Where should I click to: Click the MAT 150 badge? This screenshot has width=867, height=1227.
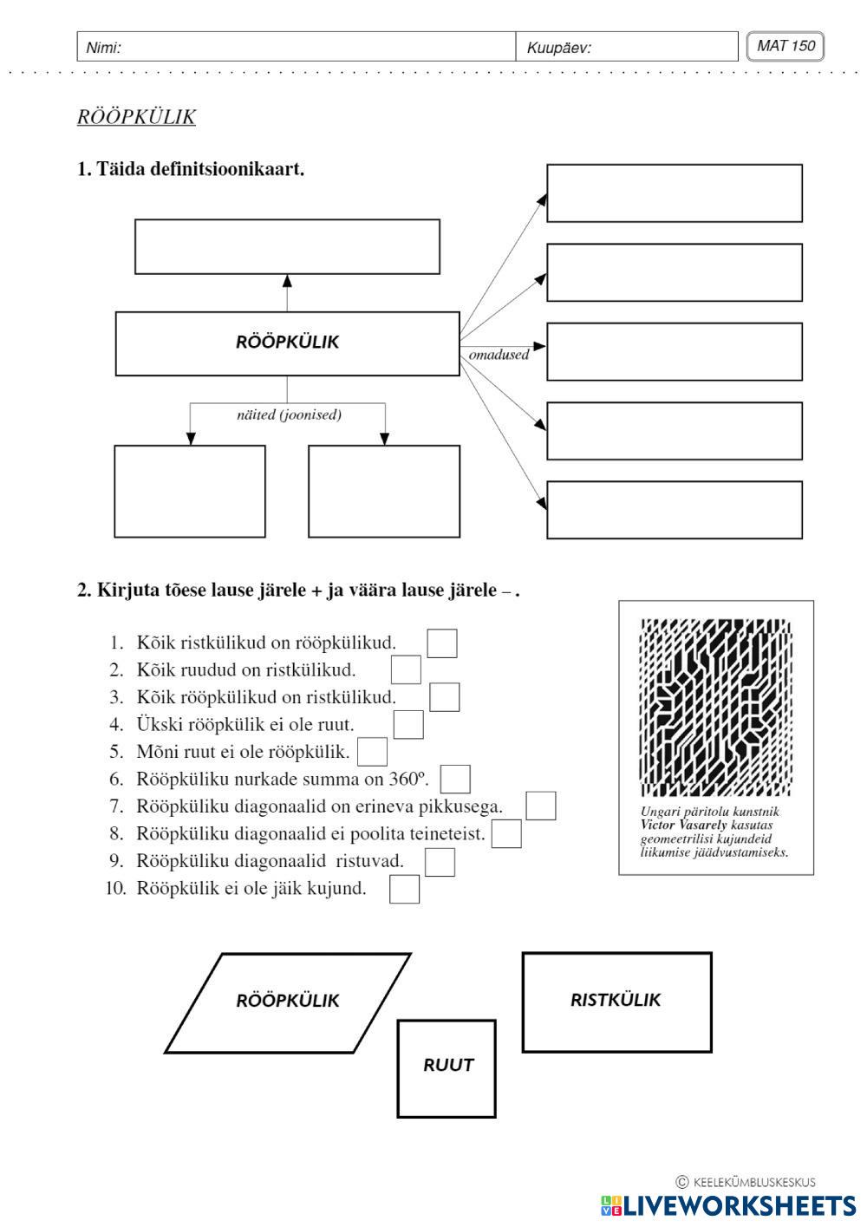[x=785, y=46]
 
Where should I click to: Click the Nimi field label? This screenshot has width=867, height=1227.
[x=103, y=48]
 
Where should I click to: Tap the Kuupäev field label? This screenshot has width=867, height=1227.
[x=558, y=48]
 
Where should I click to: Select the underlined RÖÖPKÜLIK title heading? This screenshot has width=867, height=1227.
[x=136, y=117]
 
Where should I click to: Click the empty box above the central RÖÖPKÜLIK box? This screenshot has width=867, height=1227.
[x=287, y=247]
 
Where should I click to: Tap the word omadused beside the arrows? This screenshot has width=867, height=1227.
[x=499, y=355]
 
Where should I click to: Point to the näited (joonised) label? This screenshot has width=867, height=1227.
[x=289, y=414]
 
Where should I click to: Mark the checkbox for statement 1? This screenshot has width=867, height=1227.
[x=442, y=643]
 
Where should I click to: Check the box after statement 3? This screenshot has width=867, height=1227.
[x=444, y=697]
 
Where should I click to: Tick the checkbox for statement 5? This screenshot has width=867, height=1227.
[x=373, y=751]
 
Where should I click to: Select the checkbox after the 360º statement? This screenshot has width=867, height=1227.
[x=456, y=779]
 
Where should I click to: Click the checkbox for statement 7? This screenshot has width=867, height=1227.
[x=541, y=806]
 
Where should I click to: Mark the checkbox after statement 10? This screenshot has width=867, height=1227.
[x=405, y=890]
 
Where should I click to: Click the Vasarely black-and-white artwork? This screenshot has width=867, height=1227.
[x=715, y=707]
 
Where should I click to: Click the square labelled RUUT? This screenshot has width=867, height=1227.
[x=447, y=1068]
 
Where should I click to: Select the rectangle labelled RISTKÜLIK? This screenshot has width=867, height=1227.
[x=616, y=1002]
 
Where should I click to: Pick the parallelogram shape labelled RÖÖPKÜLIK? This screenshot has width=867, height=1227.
[x=288, y=1002]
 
